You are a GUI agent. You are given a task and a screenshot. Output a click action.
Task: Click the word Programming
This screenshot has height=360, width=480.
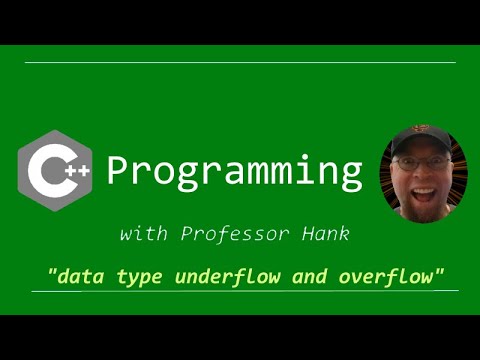234,173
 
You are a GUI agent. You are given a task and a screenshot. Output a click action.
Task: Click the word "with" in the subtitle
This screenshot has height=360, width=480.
139,235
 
